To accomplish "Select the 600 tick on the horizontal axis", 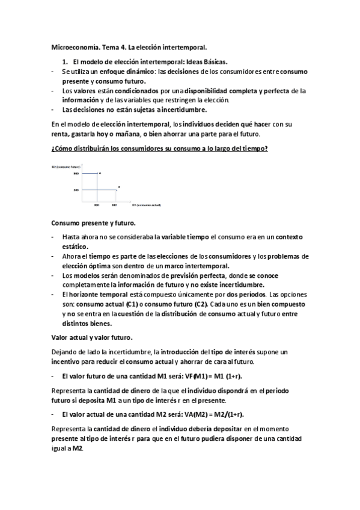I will tap(114, 205).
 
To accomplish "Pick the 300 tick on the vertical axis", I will tap(76, 190).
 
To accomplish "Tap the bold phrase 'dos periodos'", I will tap(246, 295).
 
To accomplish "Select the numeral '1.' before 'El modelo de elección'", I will tap(66, 62).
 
